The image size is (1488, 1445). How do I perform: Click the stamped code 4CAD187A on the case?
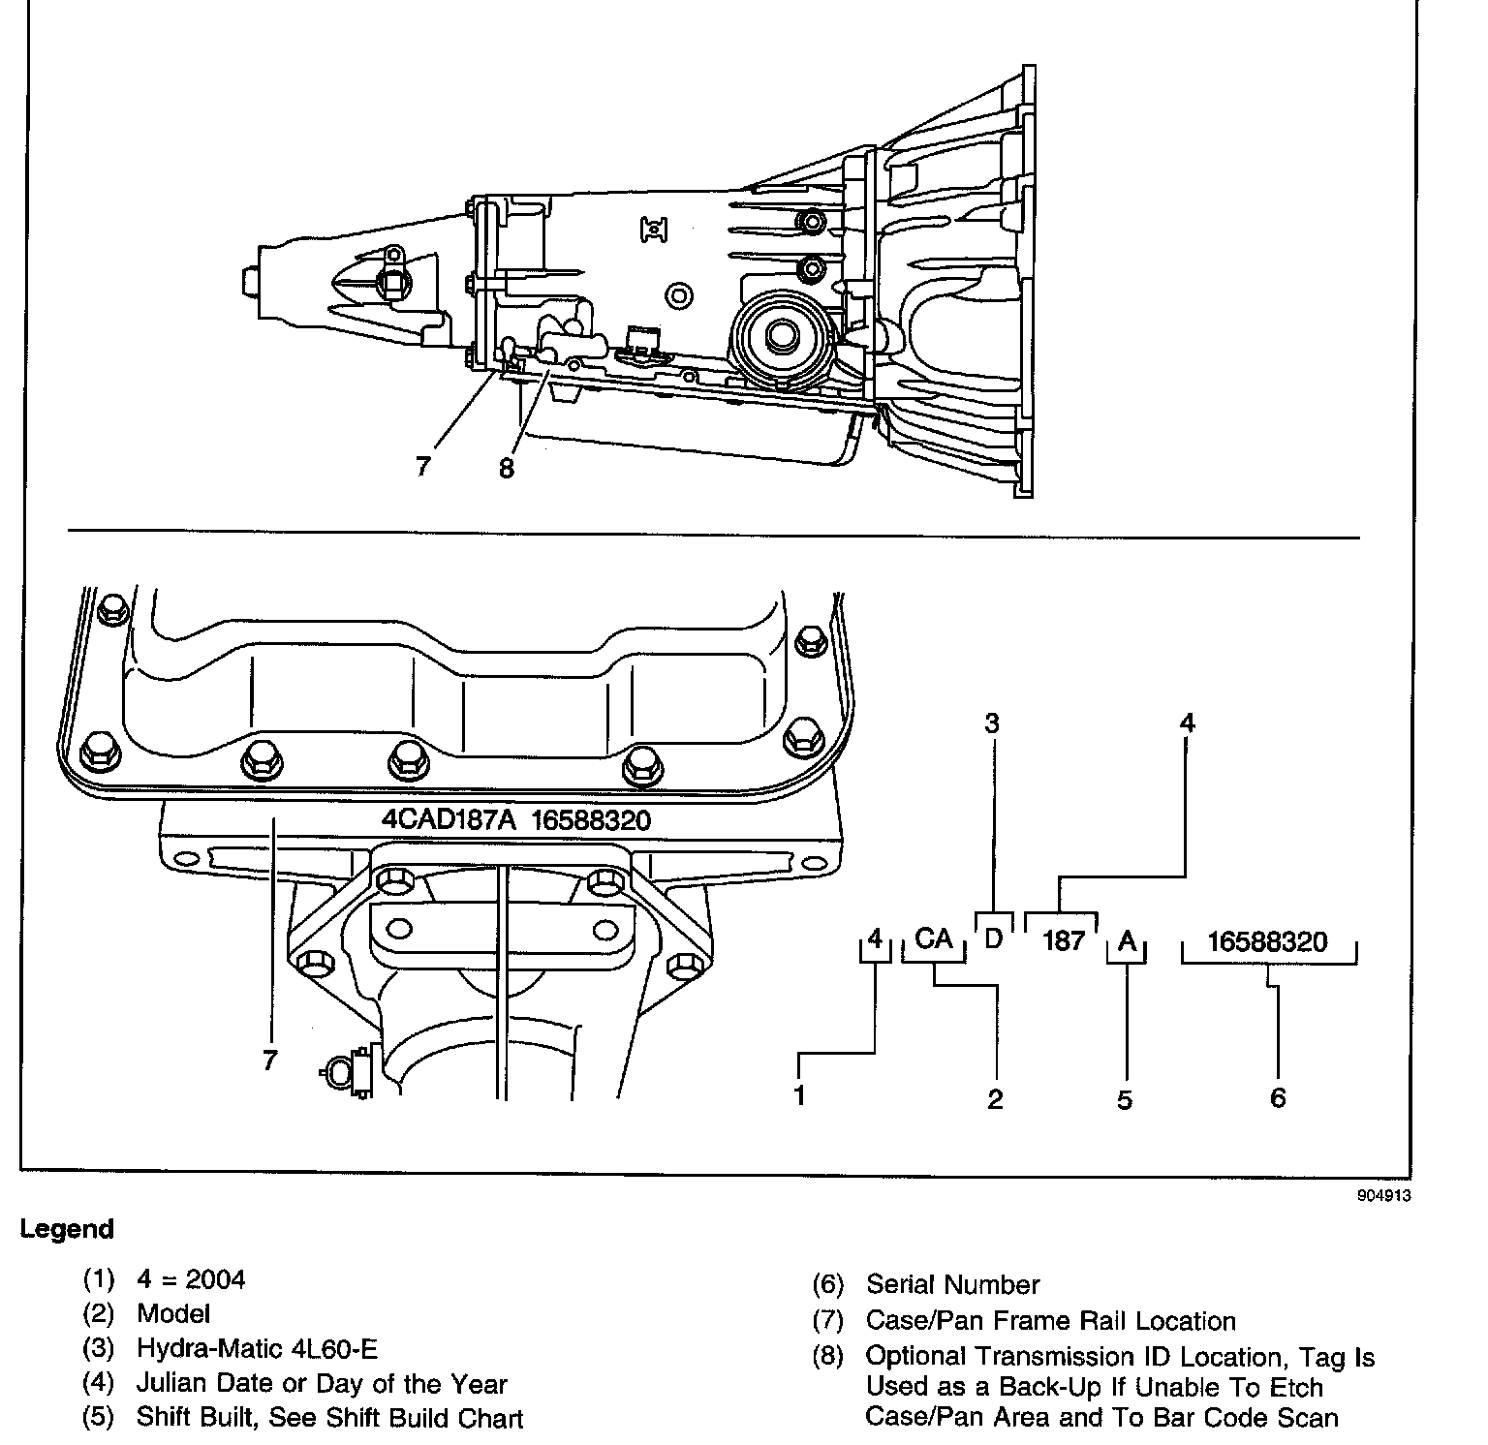449,819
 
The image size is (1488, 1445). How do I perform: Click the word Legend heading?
67,1229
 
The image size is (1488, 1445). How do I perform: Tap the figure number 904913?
1384,1195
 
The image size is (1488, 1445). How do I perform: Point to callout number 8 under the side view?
507,469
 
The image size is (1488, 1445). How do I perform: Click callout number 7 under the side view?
422,466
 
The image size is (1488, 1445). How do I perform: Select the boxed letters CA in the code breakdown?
934,938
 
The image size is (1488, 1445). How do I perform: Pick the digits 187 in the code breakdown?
1063,940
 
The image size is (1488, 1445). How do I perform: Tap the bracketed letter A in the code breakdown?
1127,941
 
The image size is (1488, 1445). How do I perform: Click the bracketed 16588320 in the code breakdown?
1267,941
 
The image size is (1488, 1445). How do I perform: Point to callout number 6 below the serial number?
1278,1097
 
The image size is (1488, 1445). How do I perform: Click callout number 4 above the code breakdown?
1187,722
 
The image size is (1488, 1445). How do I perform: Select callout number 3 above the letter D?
992,723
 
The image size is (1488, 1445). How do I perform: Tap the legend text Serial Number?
952,1285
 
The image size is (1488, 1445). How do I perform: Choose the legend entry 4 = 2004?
191,1279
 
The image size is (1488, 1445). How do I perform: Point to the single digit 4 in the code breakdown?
875,938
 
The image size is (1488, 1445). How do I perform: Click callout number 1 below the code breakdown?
799,1097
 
